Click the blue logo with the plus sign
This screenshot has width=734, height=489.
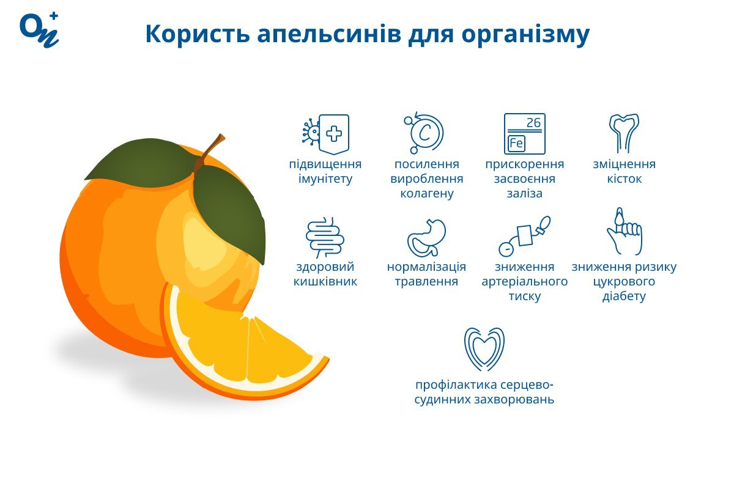[39, 30]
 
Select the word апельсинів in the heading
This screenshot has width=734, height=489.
[329, 34]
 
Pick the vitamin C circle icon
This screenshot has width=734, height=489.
[424, 133]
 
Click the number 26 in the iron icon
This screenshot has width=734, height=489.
[533, 123]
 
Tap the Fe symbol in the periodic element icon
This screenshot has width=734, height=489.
[516, 144]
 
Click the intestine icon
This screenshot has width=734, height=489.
[325, 237]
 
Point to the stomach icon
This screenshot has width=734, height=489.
[426, 238]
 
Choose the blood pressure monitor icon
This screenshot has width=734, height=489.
[524, 236]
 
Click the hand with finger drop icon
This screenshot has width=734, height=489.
[625, 231]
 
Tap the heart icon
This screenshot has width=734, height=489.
[484, 348]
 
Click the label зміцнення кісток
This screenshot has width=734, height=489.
[625, 171]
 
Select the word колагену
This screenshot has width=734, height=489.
[427, 194]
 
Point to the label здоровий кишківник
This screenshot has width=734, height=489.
[325, 274]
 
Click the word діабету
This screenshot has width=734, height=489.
[624, 296]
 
